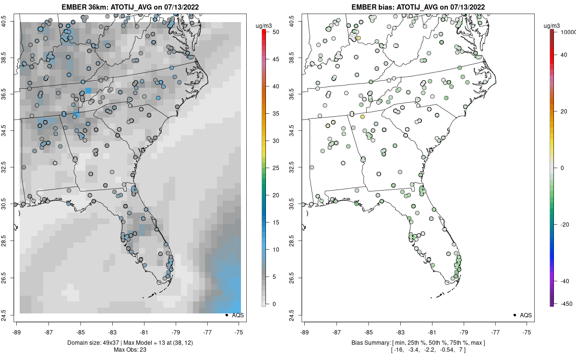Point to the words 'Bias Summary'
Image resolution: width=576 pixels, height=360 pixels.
[368, 343]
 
